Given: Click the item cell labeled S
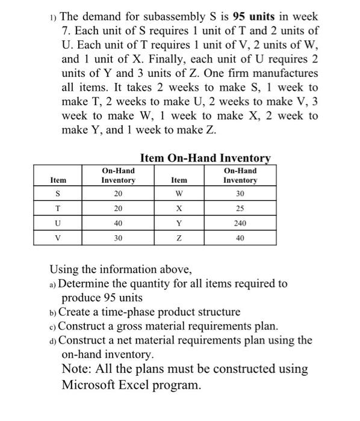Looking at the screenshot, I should coord(58,194).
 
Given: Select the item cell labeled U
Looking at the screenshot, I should coord(58,223).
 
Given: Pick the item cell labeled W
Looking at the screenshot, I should coord(179,194).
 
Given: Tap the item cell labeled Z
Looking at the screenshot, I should coord(179,237).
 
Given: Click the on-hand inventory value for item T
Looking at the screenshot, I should coord(118,208).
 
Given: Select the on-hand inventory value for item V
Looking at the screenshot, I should coord(118,237).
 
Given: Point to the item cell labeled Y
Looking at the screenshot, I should coord(179,223).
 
